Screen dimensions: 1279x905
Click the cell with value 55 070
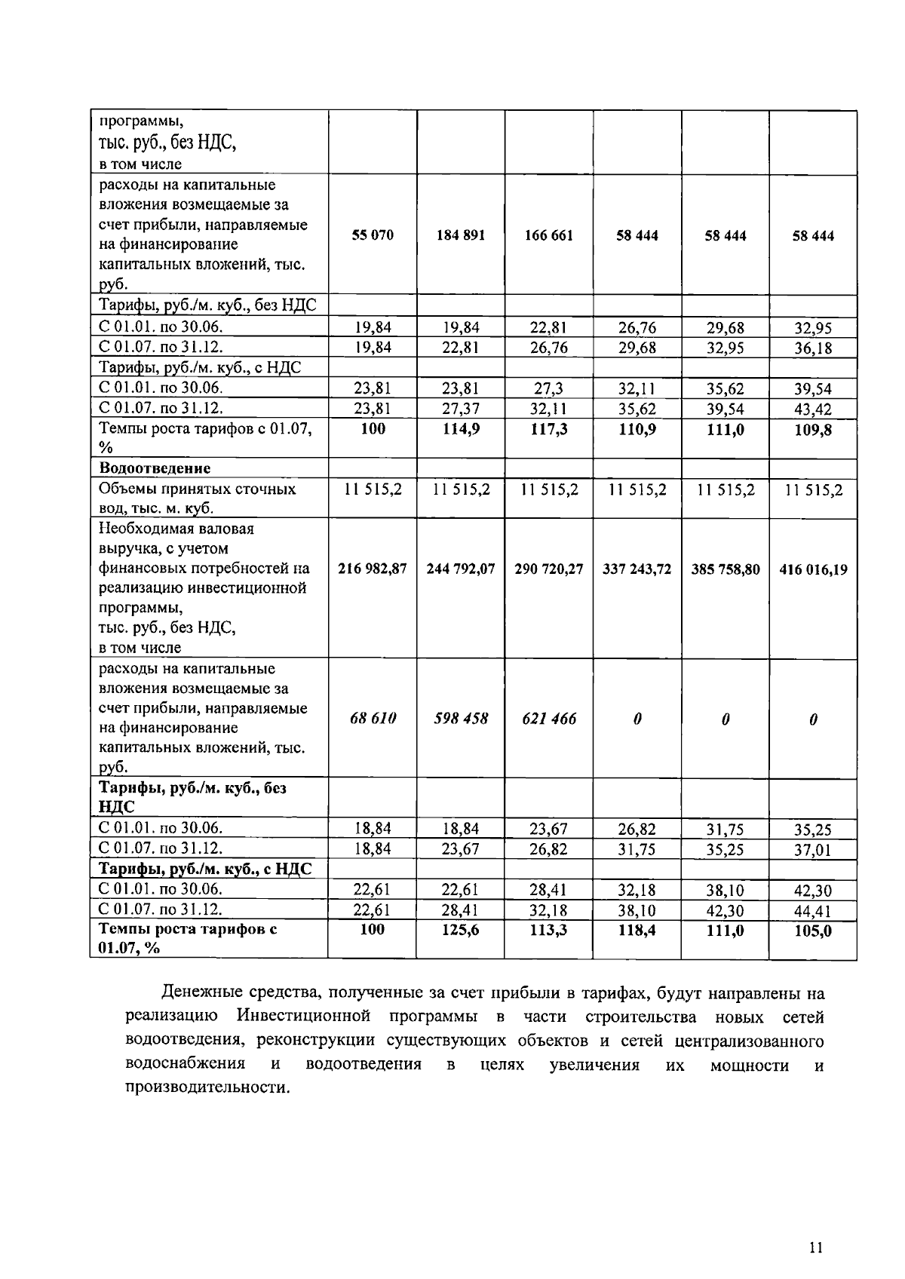point(373,235)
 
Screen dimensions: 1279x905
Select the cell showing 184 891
point(461,235)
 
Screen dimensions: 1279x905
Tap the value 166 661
point(549,235)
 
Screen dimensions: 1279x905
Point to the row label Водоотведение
point(155,468)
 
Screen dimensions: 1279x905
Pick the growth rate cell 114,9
point(461,429)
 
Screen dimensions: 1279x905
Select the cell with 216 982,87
point(373,569)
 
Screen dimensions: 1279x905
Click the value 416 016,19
point(813,570)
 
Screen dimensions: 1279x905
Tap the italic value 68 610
point(373,719)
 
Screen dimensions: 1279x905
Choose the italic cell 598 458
point(461,719)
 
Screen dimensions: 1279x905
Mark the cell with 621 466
point(549,719)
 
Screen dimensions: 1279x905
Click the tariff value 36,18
point(813,348)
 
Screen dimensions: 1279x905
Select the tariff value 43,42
point(813,409)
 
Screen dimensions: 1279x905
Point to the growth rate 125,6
point(461,931)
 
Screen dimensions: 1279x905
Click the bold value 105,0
point(813,931)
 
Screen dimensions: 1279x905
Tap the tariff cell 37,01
point(813,850)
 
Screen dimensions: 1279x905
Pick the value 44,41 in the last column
point(813,911)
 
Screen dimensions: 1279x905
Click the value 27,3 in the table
point(548,389)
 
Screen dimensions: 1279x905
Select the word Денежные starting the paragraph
point(198,993)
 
